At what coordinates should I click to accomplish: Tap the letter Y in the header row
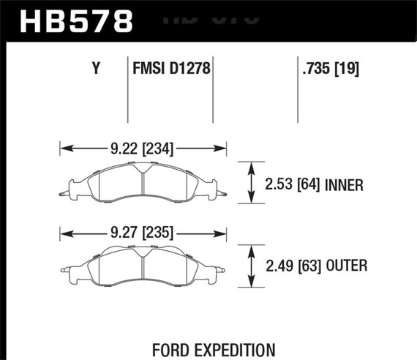tap(96, 70)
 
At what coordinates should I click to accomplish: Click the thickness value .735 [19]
tap(330, 70)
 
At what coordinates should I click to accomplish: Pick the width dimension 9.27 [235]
tap(144, 234)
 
